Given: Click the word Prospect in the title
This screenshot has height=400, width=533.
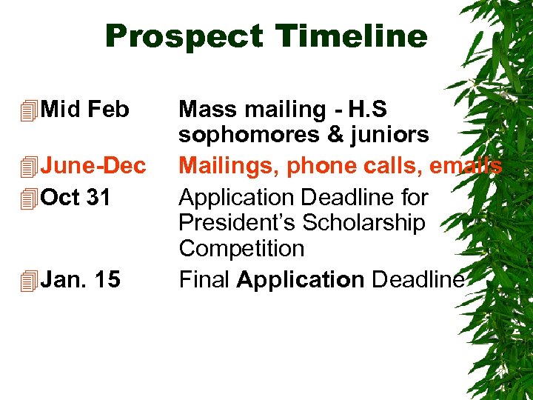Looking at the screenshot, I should tap(184, 37).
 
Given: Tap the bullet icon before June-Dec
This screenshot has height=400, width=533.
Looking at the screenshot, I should tap(29, 167).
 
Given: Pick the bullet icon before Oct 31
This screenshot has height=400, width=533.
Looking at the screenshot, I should tap(29, 199).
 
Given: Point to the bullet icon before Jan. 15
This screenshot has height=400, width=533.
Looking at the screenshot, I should tap(29, 281).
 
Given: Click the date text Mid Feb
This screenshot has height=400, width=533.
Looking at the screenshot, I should tap(85, 110).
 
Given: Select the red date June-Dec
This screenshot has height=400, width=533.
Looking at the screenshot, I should tap(93, 166).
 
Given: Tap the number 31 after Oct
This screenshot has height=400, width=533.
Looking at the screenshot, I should tap(98, 198).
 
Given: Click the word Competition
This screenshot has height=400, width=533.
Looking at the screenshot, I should tap(241, 249).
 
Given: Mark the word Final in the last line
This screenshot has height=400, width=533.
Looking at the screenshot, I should tap(204, 279).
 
